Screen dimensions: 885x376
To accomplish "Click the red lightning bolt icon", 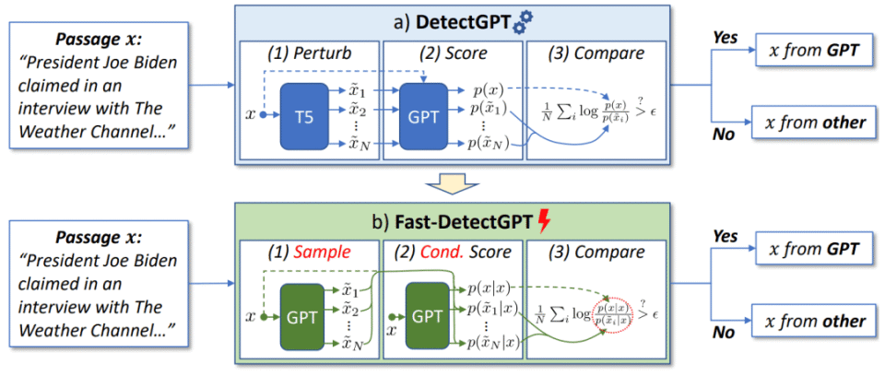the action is point(544,224).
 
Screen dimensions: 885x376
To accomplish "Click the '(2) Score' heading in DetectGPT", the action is point(454,55).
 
